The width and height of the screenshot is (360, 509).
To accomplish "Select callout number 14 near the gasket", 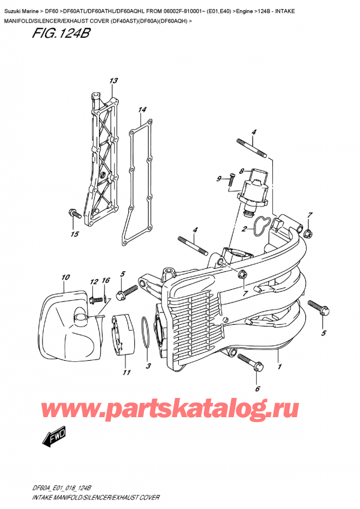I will coord(142,110).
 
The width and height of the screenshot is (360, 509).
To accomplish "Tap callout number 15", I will coord(75,234).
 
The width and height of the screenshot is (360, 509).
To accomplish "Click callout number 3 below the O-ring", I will coord(148,366).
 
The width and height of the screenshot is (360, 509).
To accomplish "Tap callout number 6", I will coord(257,389).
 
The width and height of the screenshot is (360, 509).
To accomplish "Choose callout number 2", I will coord(244,229).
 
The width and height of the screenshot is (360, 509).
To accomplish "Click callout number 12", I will coord(93,282).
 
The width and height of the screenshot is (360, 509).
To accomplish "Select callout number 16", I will coord(106,281).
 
